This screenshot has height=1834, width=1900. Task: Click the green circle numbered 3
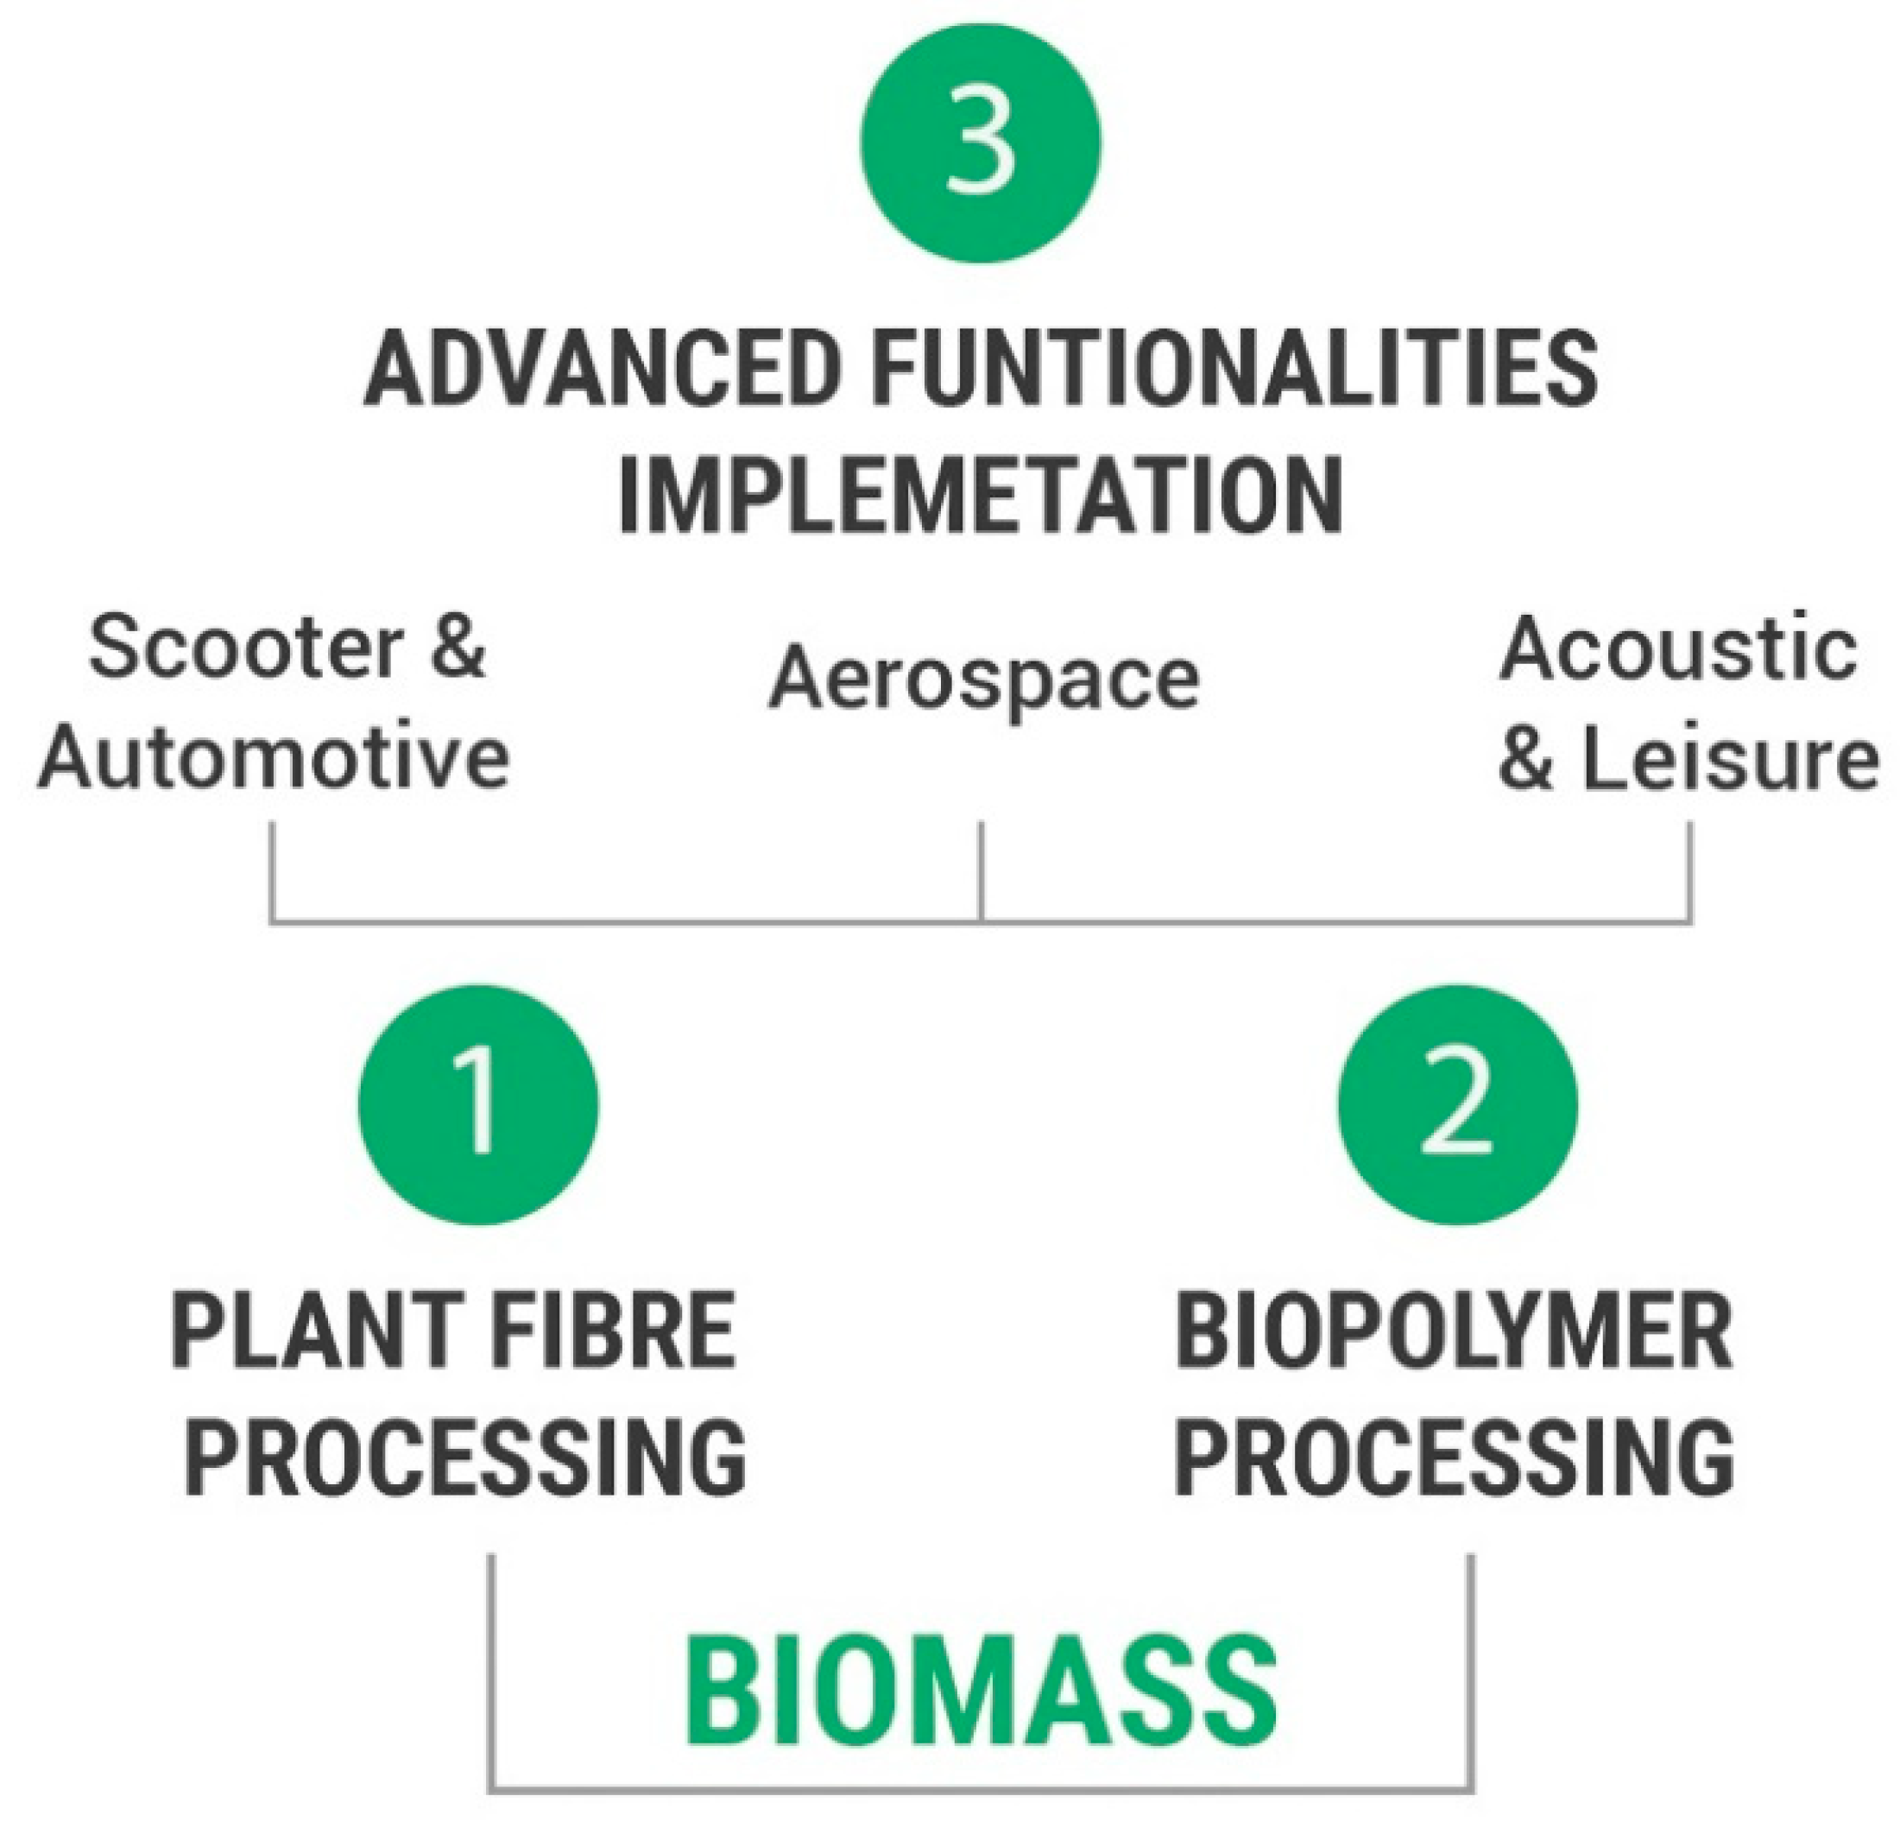click(980, 142)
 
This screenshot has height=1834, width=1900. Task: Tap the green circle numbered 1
click(478, 1104)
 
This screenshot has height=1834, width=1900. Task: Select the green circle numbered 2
click(1457, 1104)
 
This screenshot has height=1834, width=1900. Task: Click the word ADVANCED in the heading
click(601, 370)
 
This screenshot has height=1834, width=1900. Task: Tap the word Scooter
click(246, 648)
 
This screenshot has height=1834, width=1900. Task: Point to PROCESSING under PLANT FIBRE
click(465, 1458)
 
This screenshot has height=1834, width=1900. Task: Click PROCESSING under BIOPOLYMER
click(1454, 1458)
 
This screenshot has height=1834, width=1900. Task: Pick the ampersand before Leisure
click(1526, 758)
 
